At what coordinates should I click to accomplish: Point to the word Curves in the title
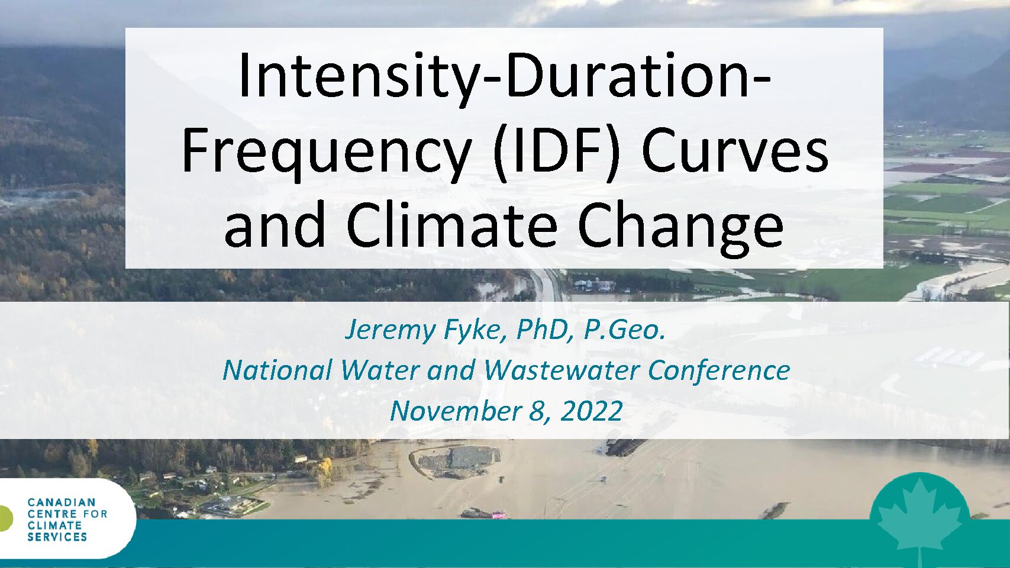[735, 150]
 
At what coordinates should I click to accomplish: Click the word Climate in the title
[453, 224]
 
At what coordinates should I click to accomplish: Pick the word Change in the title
[681, 228]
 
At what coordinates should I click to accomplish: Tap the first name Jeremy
[391, 331]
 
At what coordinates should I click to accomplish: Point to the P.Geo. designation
[624, 330]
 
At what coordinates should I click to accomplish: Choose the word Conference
[719, 370]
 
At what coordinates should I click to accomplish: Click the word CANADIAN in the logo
[62, 503]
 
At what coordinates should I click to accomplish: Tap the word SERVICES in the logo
[57, 537]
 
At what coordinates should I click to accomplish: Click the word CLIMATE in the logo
[54, 525]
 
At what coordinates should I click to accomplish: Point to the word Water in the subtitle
[380, 370]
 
